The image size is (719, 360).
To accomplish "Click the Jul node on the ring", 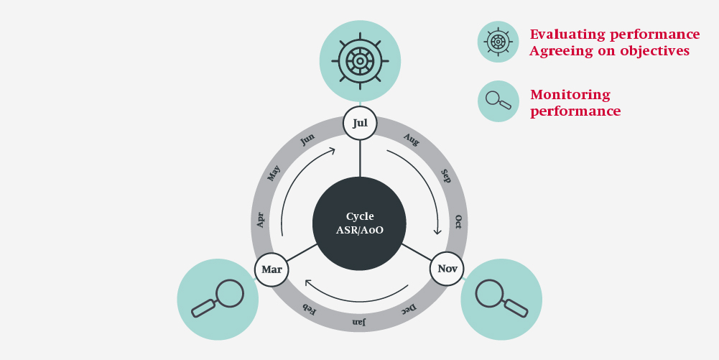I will click(x=360, y=123).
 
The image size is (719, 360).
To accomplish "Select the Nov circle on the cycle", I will click(x=447, y=269).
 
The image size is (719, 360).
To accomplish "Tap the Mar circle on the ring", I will click(x=272, y=269).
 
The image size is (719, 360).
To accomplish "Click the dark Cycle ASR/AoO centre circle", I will click(x=359, y=223).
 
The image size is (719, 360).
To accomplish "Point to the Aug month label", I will click(x=412, y=139).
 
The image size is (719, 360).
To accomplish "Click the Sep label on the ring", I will click(x=445, y=176).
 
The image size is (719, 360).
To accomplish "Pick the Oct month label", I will click(x=458, y=222).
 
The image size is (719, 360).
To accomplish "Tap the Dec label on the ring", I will click(x=408, y=310).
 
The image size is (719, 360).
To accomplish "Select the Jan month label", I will click(x=359, y=322).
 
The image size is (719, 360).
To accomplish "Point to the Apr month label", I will click(x=261, y=220).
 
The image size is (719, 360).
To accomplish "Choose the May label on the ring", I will click(x=274, y=173).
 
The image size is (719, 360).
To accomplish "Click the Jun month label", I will click(x=307, y=139).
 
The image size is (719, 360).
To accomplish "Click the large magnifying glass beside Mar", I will click(x=218, y=298).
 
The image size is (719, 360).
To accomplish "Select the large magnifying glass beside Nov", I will click(x=501, y=298).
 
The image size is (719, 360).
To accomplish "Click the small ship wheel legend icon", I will click(x=498, y=42).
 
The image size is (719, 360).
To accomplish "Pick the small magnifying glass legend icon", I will click(x=498, y=101).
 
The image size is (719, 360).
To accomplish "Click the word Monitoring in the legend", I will click(x=570, y=95).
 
